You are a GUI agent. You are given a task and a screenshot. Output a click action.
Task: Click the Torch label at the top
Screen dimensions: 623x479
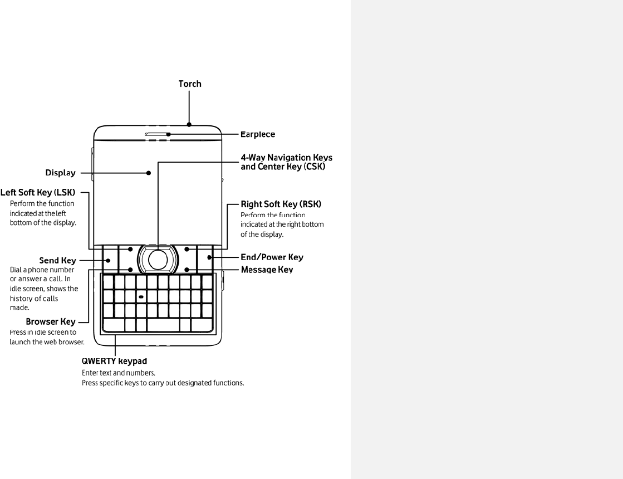coord(190,84)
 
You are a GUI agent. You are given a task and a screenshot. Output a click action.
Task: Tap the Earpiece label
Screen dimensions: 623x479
coord(257,134)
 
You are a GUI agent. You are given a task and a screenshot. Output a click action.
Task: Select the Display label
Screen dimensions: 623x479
coord(60,173)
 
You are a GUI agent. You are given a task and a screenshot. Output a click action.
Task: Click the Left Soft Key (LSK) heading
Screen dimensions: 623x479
coord(37,193)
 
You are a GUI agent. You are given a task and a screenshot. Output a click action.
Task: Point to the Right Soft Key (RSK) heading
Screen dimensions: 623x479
coord(281,204)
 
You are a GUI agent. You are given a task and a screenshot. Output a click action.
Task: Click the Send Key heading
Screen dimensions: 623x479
coord(57,260)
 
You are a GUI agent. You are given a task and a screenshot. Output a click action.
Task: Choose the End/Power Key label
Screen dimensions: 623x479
coord(272,257)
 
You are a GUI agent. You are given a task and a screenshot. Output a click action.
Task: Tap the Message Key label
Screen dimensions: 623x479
coord(267,270)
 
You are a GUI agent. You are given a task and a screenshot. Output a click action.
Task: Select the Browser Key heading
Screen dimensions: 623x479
coord(51,321)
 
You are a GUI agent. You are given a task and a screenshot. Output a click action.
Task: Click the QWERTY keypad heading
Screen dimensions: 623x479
coord(115,360)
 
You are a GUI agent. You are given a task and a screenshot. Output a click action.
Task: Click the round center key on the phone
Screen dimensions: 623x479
coord(158,258)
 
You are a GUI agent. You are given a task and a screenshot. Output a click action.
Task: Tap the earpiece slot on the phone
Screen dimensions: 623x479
coord(156,134)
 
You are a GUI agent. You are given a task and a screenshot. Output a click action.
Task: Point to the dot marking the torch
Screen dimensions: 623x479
coord(190,125)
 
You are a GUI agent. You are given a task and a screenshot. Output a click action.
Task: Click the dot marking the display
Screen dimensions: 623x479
coord(149,173)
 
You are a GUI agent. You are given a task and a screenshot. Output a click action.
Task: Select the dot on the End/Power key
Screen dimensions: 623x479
coord(209,257)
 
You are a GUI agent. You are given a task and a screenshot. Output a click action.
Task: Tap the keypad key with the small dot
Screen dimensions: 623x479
coord(141,296)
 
